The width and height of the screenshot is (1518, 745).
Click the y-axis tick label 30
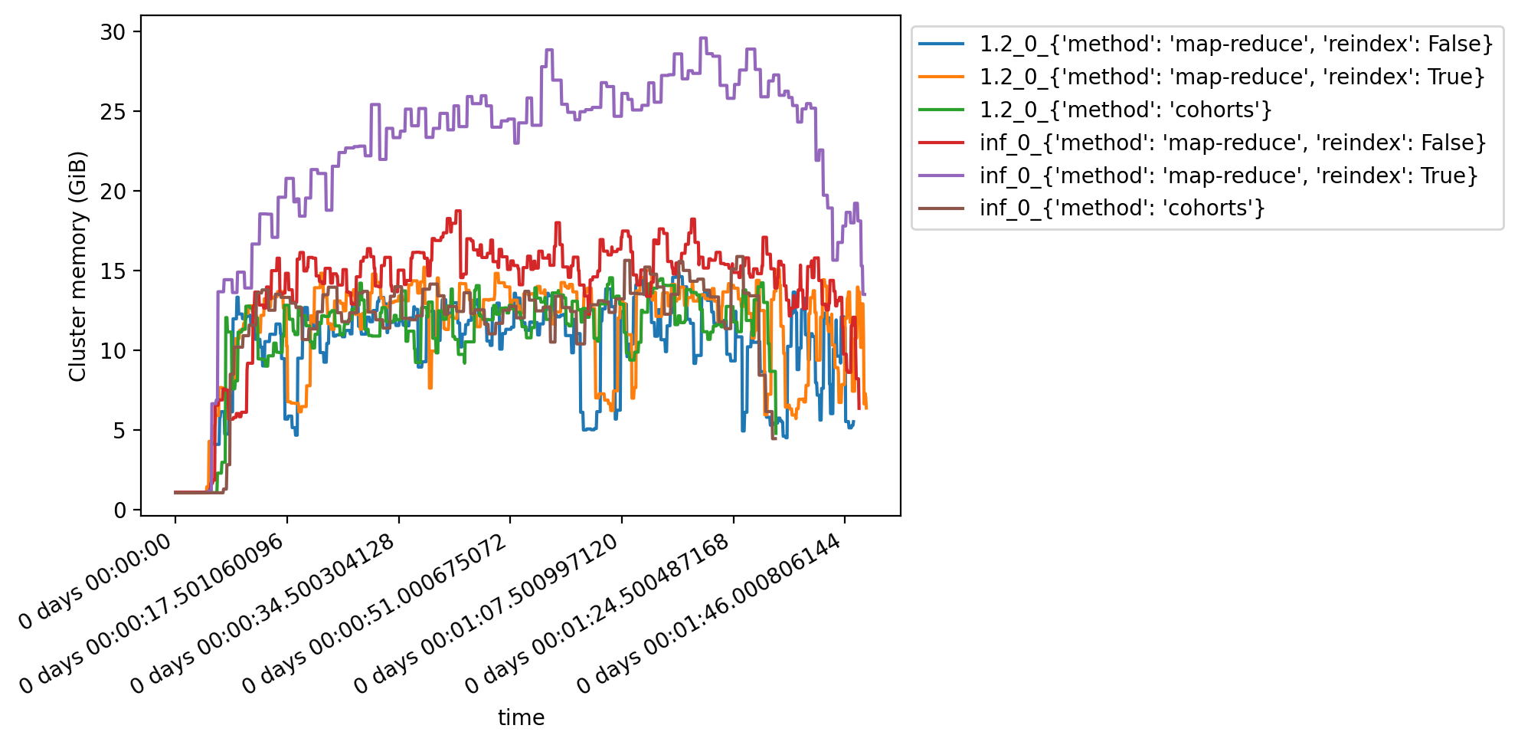(111, 32)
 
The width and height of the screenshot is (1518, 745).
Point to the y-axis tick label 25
(111, 112)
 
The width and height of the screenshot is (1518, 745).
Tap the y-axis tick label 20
(111, 192)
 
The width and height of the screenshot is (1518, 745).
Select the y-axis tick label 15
(111, 271)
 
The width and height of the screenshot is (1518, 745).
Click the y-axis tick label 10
(111, 351)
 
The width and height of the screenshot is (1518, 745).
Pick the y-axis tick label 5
(119, 431)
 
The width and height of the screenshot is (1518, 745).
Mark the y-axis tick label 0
(119, 510)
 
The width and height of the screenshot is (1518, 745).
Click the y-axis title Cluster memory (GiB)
(77, 266)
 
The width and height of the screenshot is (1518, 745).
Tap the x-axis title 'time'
(521, 717)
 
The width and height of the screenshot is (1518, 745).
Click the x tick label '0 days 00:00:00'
(96, 583)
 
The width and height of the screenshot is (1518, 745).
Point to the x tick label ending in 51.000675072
(375, 613)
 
